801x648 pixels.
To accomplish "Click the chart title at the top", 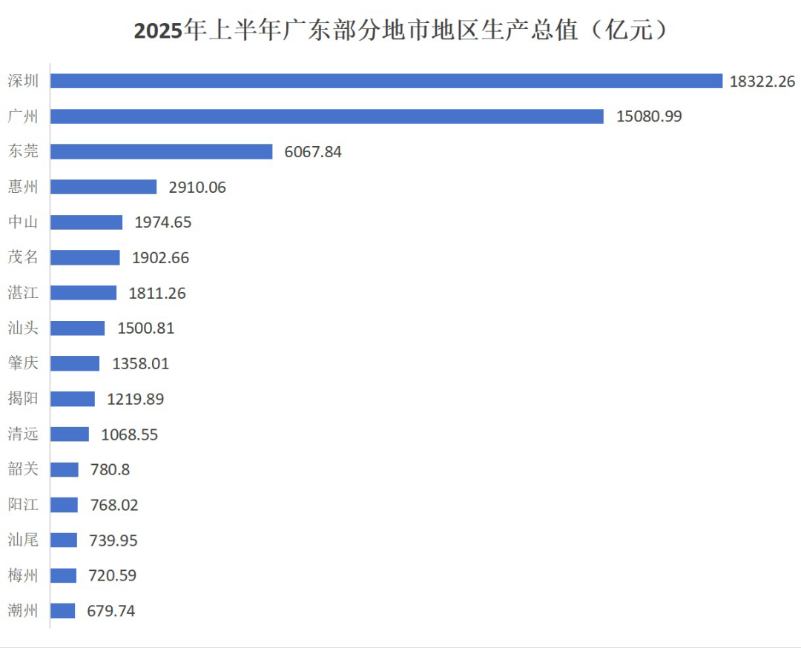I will point(400,31).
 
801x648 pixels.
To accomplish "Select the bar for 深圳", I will point(386,81).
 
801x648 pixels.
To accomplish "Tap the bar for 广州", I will point(327,116).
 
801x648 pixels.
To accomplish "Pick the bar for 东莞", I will point(162,151).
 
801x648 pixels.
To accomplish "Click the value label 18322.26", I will point(762,82).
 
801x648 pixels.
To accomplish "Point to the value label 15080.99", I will point(649,116).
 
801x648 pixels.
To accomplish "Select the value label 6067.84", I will point(313,152).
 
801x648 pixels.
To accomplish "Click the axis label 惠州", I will point(23,187).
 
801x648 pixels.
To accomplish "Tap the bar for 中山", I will point(87,222).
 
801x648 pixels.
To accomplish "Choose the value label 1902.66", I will point(160,258).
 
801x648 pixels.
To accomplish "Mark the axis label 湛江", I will point(23,293).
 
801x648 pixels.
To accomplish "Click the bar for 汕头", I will point(78,328).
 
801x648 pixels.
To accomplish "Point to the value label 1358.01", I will point(140,364).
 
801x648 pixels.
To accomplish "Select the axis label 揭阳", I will point(23,399).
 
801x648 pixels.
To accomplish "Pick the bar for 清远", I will point(70,434).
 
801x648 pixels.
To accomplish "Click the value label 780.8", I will point(110,470).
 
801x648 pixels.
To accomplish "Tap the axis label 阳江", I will point(23,505).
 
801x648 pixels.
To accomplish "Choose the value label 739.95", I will point(113,540).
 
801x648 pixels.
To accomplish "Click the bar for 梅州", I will point(64,575).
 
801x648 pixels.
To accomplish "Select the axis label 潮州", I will point(23,611).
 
